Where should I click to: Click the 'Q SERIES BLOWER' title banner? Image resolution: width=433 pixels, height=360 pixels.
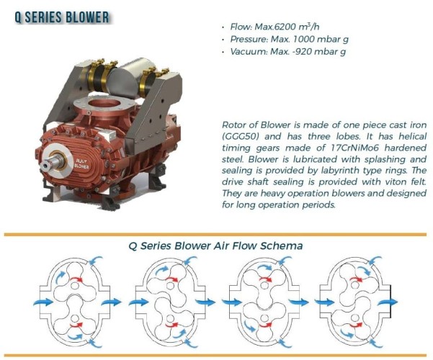62,15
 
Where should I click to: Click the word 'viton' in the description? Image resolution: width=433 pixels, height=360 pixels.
380,181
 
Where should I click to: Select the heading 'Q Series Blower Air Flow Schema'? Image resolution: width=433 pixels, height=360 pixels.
215,246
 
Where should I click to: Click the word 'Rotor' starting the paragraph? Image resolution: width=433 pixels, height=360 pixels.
233,124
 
